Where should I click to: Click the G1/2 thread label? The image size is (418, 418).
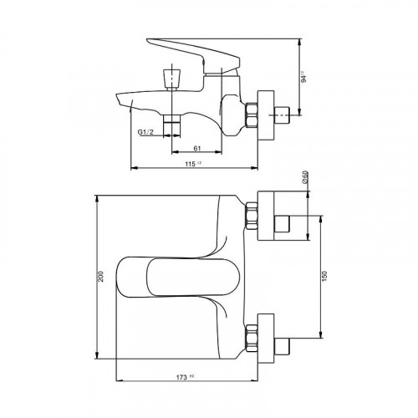[145, 130]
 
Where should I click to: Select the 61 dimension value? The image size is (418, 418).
[196, 148]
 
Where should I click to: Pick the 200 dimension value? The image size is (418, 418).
[102, 278]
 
